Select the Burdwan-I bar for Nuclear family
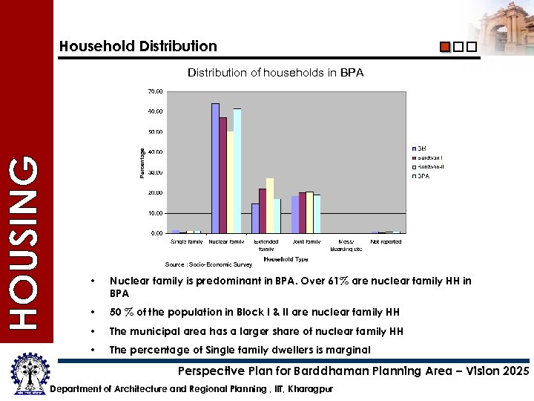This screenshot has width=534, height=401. click(x=222, y=175)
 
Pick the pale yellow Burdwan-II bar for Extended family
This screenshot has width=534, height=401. click(x=270, y=206)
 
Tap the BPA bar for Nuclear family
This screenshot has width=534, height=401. click(x=237, y=171)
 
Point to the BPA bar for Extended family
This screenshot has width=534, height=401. click(x=277, y=216)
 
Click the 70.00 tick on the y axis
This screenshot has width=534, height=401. click(x=155, y=91)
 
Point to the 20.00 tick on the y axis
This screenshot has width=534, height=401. click(x=155, y=193)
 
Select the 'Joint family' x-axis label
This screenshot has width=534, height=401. click(x=306, y=241)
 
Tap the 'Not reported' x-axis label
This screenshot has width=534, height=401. click(x=386, y=241)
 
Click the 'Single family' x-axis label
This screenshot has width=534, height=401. click(x=187, y=241)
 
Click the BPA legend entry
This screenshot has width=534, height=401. click(x=423, y=177)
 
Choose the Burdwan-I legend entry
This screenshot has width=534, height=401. click(x=429, y=158)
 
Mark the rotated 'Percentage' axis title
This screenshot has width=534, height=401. click(x=142, y=162)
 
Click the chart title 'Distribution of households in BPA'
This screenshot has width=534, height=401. click(x=275, y=73)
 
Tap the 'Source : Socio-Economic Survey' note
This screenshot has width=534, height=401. click(x=208, y=264)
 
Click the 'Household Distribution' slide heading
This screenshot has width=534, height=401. click(x=139, y=46)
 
